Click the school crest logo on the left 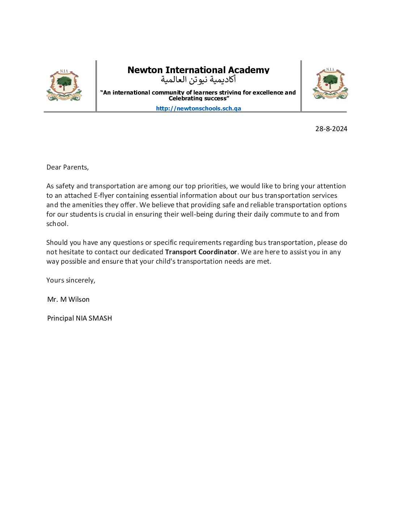[x=64, y=85]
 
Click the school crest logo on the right [x=330, y=84]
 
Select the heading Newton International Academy [x=198, y=70]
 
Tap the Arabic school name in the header [x=198, y=79]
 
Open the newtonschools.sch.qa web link [x=198, y=108]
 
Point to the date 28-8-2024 [x=331, y=129]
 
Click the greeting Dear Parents [x=67, y=167]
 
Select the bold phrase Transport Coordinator [x=201, y=252]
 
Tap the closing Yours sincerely [x=71, y=280]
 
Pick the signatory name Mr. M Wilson [x=68, y=299]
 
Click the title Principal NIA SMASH [x=79, y=318]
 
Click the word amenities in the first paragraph [x=87, y=205]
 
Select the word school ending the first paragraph [x=56, y=224]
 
